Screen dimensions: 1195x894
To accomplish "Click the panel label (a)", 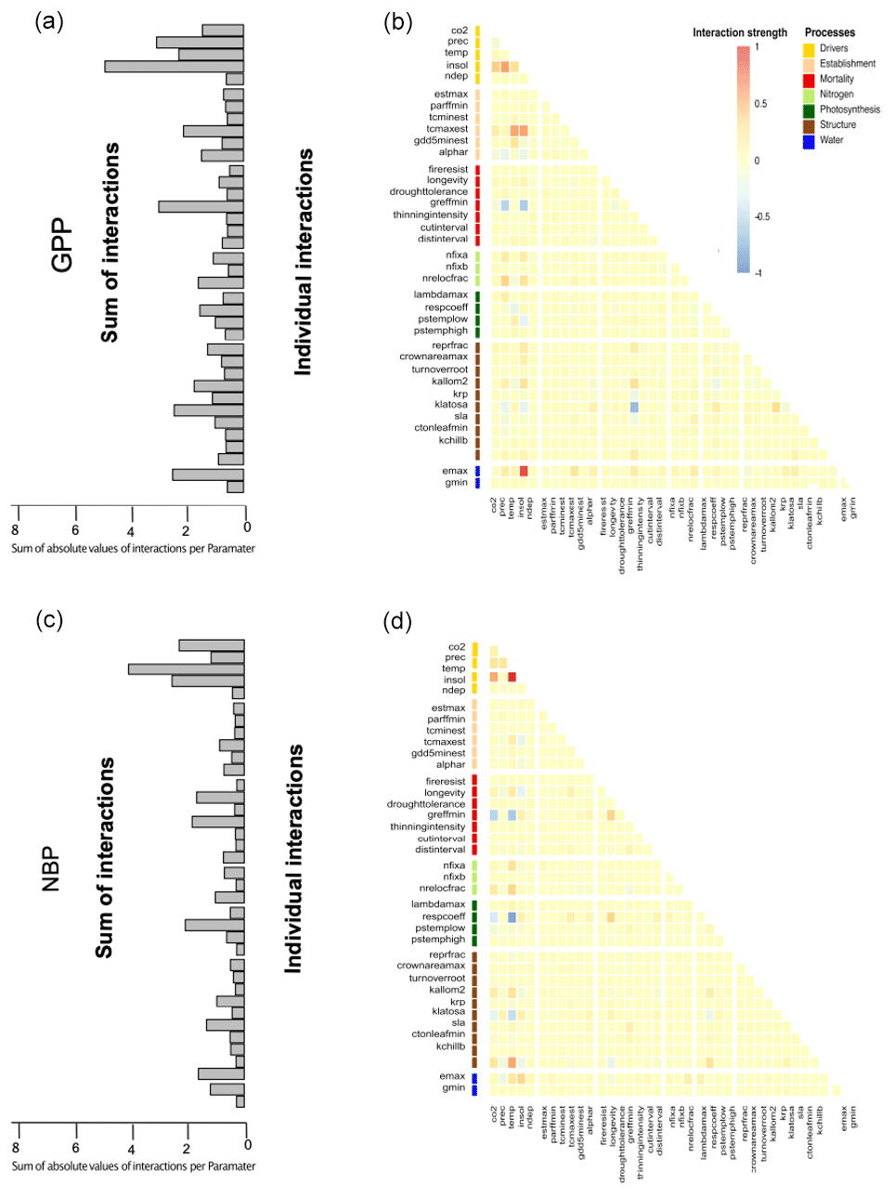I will point(48,20).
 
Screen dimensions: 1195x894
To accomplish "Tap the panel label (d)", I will point(397,620).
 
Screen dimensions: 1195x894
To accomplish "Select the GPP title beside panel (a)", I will point(62,245).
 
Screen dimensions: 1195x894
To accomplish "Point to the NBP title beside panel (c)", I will point(51,869).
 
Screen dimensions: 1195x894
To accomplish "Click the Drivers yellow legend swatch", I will point(809,48).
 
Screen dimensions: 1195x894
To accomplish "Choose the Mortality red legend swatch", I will point(809,79).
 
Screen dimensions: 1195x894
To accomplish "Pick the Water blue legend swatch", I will point(809,140).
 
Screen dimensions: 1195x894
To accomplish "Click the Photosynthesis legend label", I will point(849,110).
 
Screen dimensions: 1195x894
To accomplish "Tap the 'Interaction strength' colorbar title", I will point(739,32).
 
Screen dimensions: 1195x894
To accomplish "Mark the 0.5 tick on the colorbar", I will point(760,104).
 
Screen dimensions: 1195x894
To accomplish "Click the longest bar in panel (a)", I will point(174,66).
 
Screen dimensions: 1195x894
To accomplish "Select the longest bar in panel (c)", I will point(186,669).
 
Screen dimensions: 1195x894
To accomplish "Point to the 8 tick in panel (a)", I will point(15,530).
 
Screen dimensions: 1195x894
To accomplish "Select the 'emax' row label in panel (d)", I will point(452,1076).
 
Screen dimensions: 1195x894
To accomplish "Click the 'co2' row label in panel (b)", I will point(460,31).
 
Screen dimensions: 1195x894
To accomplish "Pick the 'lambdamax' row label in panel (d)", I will point(438,903).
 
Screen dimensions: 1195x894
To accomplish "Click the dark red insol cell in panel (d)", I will point(512,678).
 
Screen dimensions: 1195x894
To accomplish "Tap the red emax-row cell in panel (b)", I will point(524,472).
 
